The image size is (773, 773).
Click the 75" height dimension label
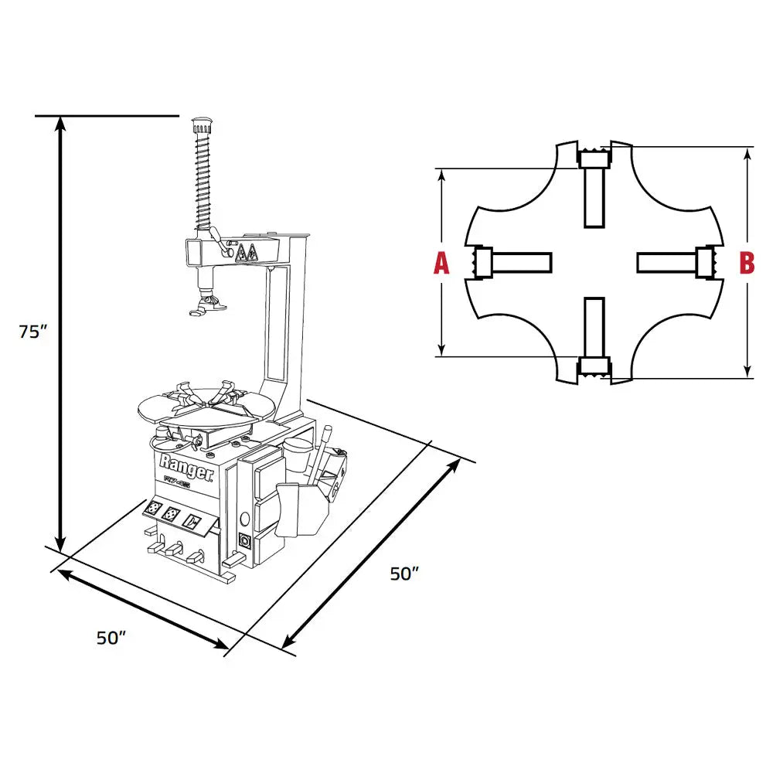pos(32,332)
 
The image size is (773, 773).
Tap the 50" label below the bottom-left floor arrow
pos(111,638)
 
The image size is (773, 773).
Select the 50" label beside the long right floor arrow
pos(404,574)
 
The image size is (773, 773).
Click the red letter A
pos(441,263)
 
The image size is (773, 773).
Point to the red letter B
pos(747,263)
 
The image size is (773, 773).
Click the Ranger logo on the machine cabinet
pos(186,468)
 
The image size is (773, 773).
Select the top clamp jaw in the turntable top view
pos(594,158)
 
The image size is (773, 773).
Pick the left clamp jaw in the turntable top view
pos(482,262)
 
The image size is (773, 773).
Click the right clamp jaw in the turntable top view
pos(706,262)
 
